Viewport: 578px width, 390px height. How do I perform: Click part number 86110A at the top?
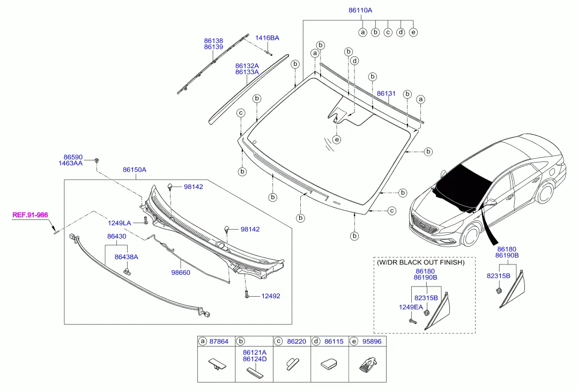360,10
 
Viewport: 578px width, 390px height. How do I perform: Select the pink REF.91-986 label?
30,215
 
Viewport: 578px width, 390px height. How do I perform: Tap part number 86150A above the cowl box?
135,170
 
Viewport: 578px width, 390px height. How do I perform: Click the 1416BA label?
267,38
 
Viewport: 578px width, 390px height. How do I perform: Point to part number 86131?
386,94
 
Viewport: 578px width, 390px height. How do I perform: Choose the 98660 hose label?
181,273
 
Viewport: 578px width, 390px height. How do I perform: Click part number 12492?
271,296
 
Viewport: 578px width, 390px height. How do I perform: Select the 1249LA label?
120,223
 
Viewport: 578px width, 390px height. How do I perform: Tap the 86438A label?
127,257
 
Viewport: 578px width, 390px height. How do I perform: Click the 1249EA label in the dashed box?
411,307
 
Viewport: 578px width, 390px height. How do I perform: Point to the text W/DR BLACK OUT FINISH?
420,262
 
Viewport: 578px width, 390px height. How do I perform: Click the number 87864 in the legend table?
219,342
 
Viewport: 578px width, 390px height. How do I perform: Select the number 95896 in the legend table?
372,342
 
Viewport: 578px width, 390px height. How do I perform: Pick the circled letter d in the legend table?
316,342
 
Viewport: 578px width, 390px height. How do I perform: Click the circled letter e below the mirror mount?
337,139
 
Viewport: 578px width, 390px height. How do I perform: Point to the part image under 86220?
292,364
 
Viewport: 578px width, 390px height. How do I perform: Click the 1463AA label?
70,163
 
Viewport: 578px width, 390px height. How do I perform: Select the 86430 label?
116,236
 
